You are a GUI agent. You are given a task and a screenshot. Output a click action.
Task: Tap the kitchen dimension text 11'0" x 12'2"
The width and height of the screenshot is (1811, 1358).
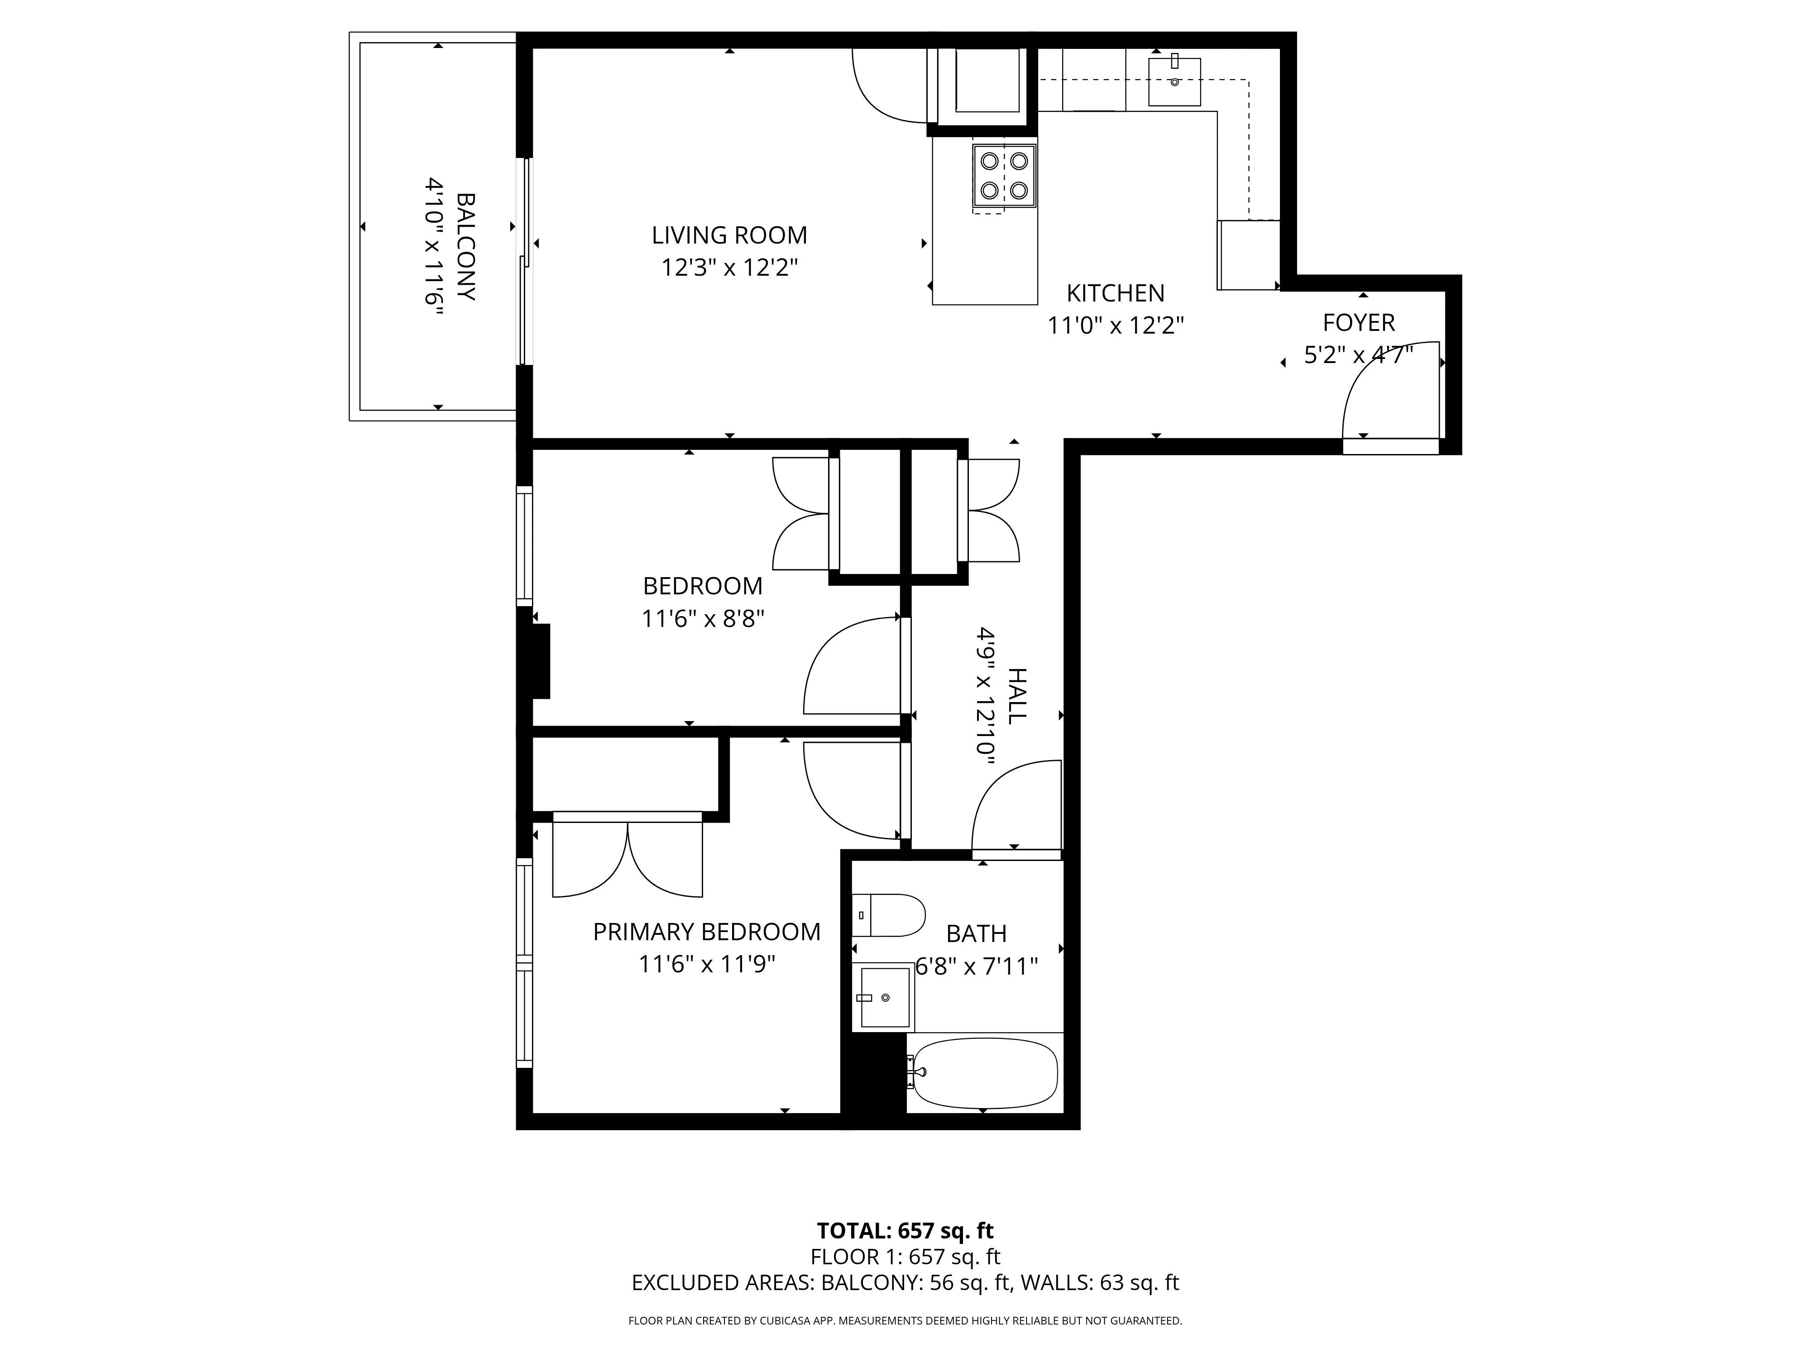pyautogui.click(x=1115, y=326)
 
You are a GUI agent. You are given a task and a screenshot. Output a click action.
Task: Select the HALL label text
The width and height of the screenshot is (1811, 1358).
pyautogui.click(x=1015, y=696)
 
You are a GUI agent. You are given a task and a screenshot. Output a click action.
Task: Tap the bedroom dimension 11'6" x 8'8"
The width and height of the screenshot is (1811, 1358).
pyautogui.click(x=703, y=619)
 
